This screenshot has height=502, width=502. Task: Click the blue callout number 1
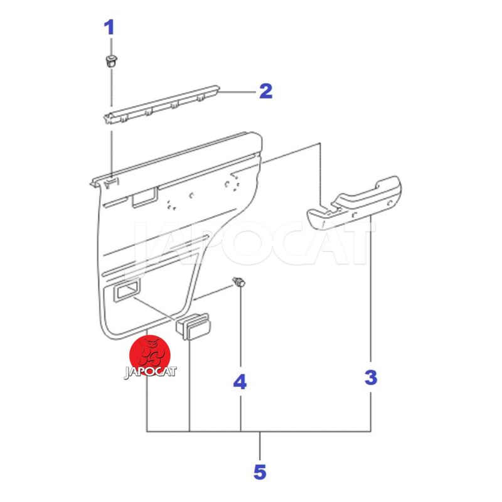[109, 28]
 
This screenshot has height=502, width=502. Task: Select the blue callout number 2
[265, 91]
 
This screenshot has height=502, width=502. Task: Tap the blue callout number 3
[371, 378]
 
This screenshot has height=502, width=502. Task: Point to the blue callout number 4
[240, 382]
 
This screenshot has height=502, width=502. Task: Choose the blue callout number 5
[260, 472]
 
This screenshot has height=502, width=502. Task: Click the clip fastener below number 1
[111, 61]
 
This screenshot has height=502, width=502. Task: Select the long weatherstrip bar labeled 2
[162, 104]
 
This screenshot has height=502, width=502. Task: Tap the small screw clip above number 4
[240, 282]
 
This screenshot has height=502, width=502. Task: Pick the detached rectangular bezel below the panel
[193, 326]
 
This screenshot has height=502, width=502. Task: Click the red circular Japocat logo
[149, 355]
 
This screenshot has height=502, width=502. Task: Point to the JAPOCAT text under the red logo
[150, 371]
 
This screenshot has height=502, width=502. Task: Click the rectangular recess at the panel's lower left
[126, 292]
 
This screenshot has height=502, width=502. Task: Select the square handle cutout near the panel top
[144, 198]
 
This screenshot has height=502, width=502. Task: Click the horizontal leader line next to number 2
[238, 92]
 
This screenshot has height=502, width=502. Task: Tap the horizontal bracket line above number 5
[259, 432]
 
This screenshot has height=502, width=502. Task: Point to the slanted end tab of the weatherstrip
[108, 119]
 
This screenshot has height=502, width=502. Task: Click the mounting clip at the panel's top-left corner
[111, 183]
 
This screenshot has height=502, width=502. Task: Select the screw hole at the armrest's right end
[390, 203]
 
